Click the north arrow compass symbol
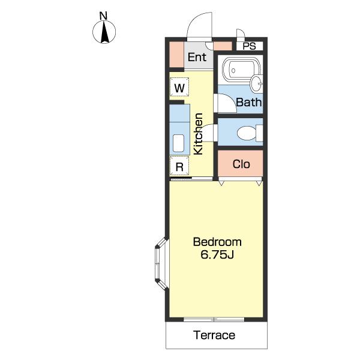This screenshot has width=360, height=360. pos(104,32)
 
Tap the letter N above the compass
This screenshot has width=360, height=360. pos(104,16)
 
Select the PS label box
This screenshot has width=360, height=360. pos(250,46)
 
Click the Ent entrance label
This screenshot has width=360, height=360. pos(197,57)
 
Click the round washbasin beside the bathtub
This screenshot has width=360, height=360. pos(256,83)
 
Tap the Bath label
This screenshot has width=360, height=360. pos(249,102)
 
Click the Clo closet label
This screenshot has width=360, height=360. pos(241,164)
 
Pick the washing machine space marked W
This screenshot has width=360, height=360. pos(179,87)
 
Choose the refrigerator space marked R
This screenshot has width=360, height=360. pos(179,166)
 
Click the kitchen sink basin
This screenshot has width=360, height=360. pos(178,143)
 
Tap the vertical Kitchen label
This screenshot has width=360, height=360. pos(198,134)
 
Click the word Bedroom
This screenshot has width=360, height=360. pos(217,242)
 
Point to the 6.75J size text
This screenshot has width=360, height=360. pos(217,254)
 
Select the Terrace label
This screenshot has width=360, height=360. pos(214,335)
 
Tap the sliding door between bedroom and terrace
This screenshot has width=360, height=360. pos(214,319)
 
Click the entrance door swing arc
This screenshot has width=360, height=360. pos(199,26)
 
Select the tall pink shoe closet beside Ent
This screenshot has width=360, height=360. pos(176,55)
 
